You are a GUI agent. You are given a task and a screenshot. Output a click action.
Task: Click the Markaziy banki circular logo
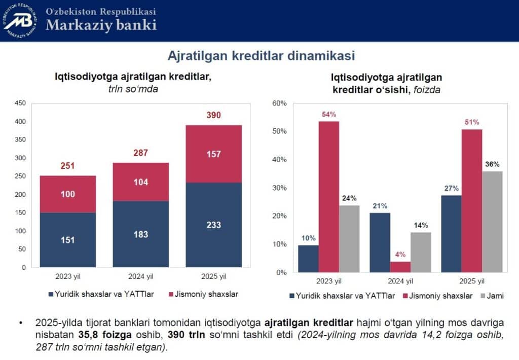20,20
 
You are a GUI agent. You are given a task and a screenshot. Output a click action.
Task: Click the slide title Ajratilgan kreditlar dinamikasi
261,55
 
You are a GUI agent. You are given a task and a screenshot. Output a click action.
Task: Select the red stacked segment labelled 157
213,154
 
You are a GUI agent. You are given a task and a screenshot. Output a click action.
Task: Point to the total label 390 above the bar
213,115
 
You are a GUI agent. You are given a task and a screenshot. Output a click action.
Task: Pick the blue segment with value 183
141,234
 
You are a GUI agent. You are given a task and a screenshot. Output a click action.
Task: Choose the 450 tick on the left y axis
20,103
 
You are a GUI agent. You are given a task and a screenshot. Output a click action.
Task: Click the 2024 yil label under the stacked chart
141,277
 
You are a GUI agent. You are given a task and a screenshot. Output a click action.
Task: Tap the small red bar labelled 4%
400,267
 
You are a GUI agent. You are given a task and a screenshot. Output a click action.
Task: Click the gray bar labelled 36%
493,222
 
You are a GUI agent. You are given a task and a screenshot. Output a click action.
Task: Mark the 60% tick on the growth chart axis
280,103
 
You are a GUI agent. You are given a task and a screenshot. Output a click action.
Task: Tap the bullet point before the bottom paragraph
20,322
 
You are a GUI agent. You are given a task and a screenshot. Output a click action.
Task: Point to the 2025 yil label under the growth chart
472,281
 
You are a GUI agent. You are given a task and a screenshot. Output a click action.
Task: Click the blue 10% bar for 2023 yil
308,259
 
